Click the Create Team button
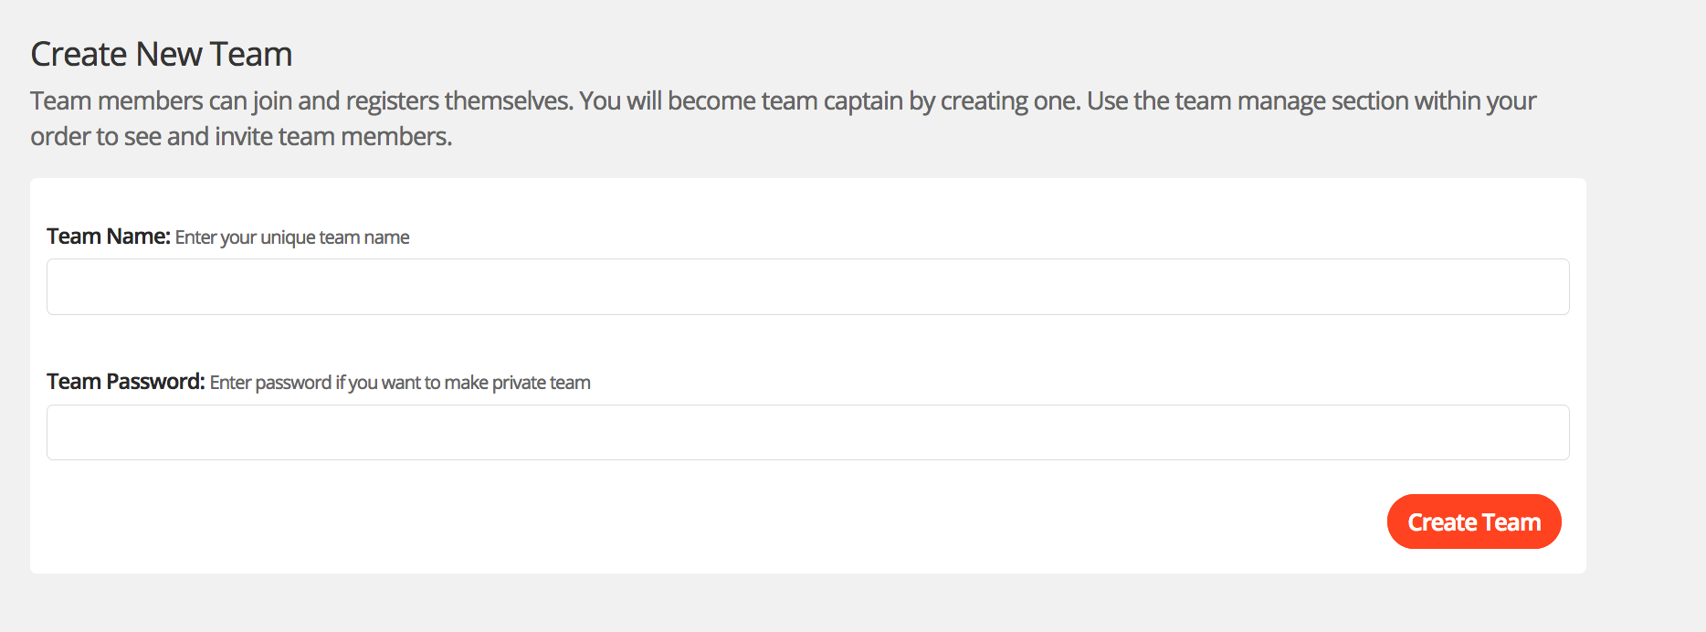point(1473,521)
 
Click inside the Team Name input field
point(807,287)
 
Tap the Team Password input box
point(807,432)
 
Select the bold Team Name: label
point(108,237)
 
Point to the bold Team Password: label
point(125,382)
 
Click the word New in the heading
point(169,55)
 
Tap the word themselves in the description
point(509,100)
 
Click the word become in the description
point(711,100)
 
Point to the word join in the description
point(272,100)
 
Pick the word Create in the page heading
point(79,55)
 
